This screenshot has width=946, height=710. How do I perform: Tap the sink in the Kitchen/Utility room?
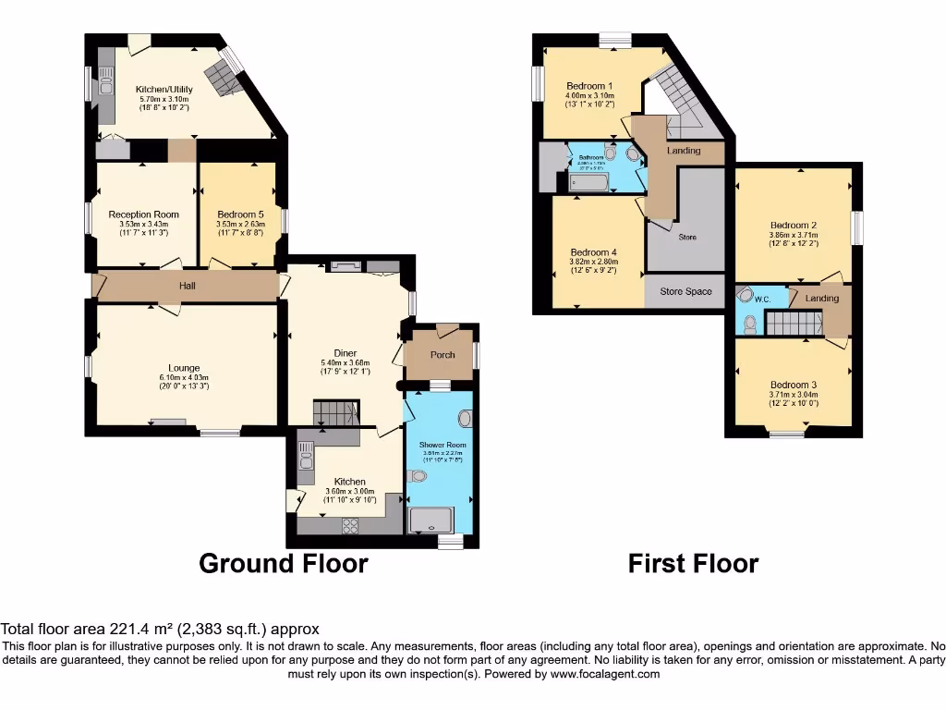(106, 91)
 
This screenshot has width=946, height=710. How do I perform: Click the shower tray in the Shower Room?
(438, 520)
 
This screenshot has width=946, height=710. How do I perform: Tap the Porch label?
(443, 355)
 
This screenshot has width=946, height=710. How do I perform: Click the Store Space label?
(685, 292)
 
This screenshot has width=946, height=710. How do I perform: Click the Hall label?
(188, 286)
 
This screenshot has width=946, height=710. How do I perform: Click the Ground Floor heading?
(284, 563)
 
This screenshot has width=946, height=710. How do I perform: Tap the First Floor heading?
(693, 563)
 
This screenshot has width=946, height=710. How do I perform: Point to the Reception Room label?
(143, 214)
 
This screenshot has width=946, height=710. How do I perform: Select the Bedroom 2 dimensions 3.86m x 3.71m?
(793, 235)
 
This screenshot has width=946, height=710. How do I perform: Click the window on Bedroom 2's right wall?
(857, 225)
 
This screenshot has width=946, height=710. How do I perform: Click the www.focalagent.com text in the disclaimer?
(605, 674)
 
